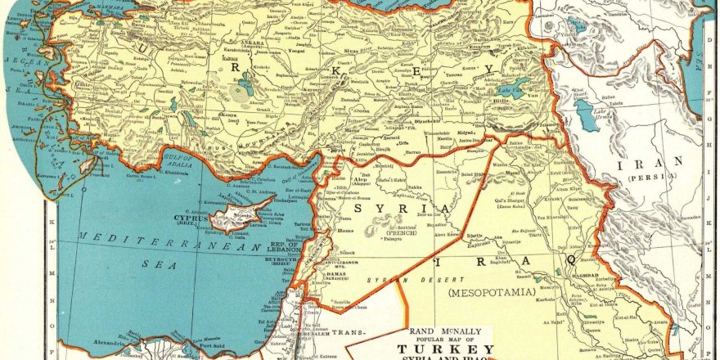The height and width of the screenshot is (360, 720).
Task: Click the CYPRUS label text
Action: [191, 218]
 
